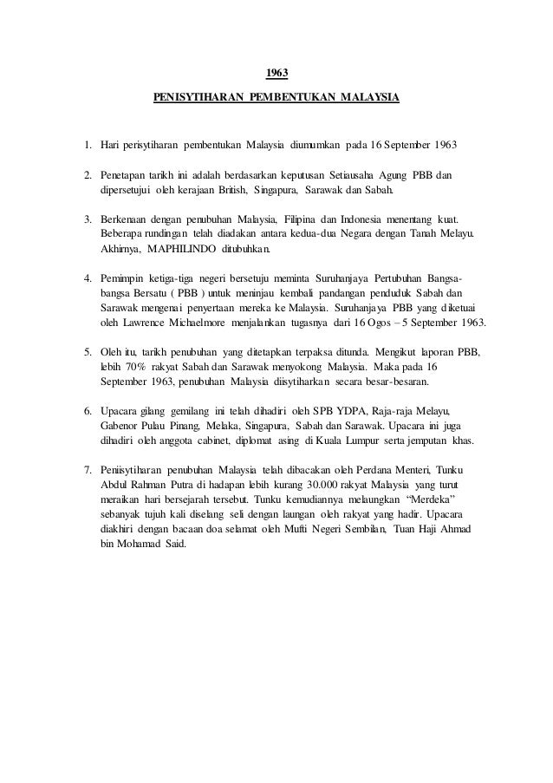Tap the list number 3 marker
click(88, 219)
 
